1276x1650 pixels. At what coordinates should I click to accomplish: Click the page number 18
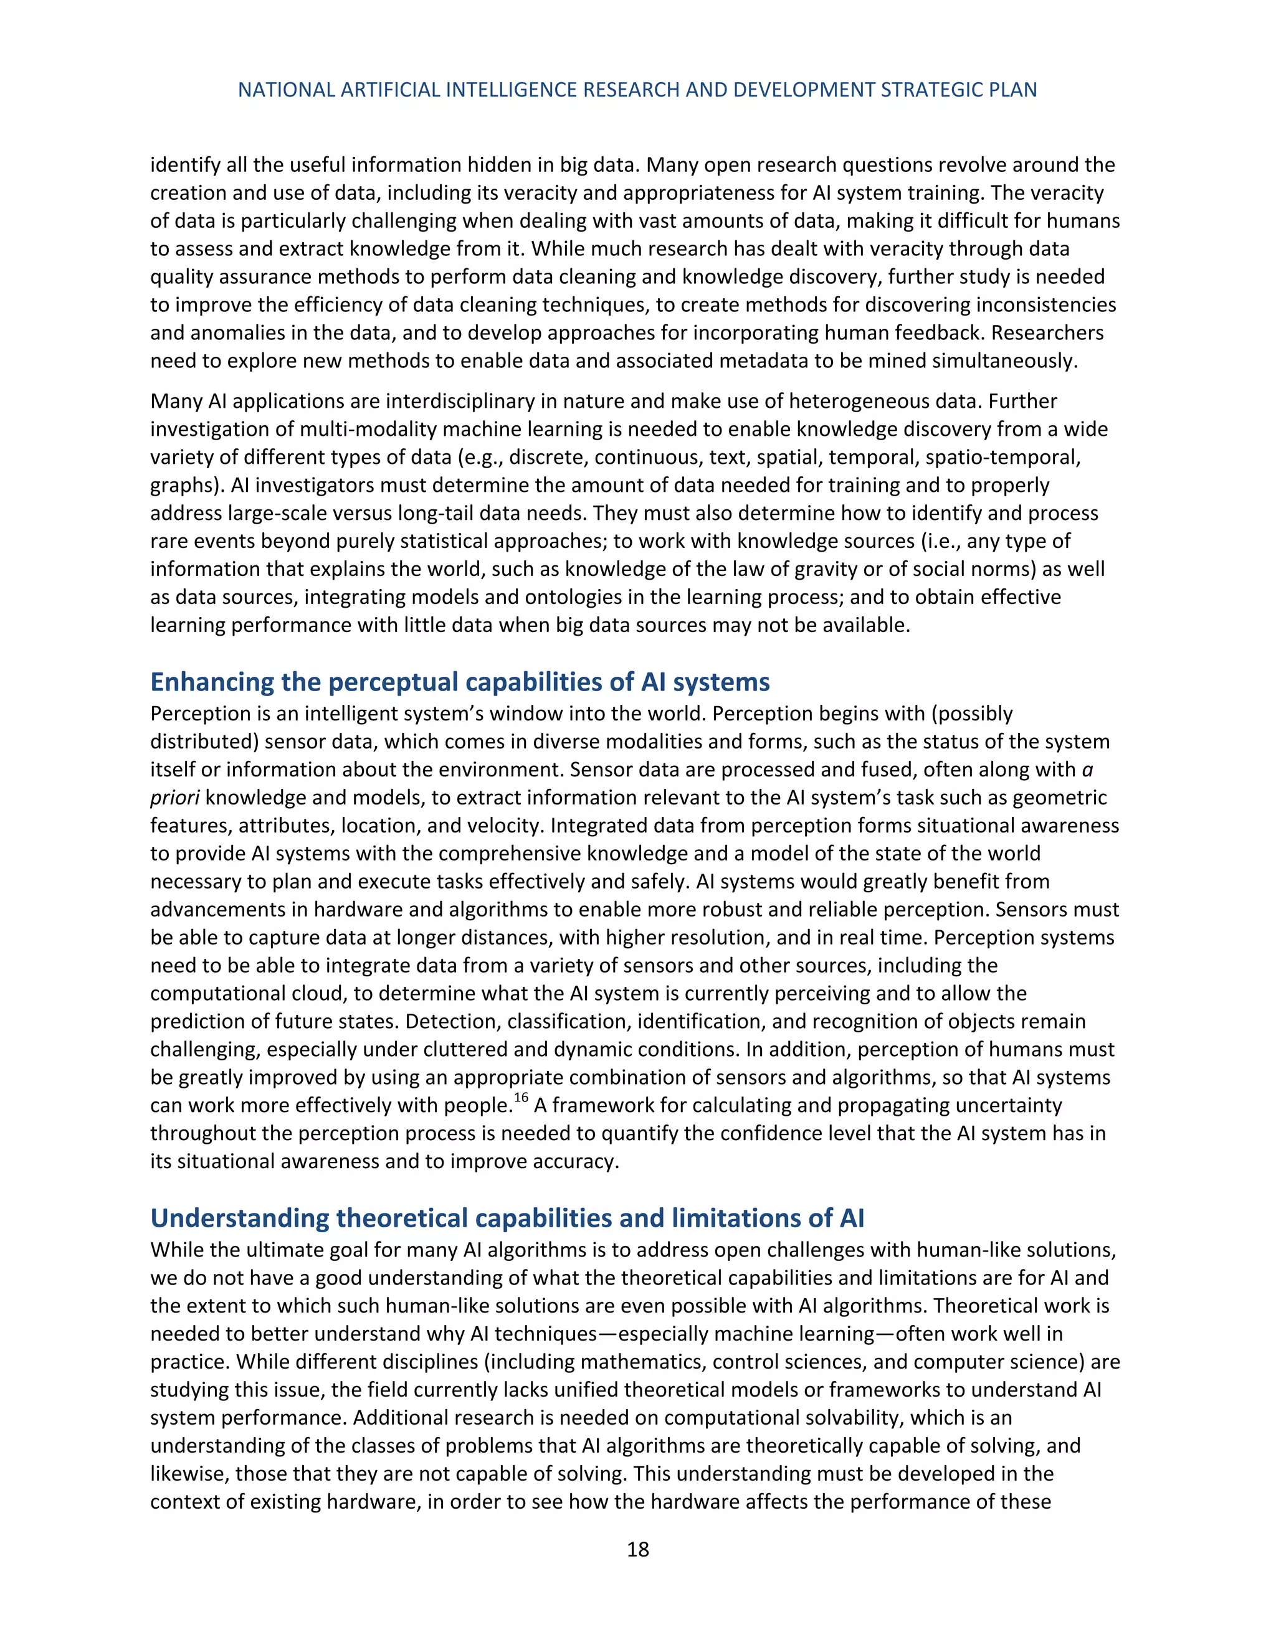(x=637, y=1550)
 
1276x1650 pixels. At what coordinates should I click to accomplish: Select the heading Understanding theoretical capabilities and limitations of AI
(x=507, y=1218)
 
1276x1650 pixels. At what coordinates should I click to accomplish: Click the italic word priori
(x=174, y=798)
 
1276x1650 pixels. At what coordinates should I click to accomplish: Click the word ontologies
(x=592, y=597)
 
